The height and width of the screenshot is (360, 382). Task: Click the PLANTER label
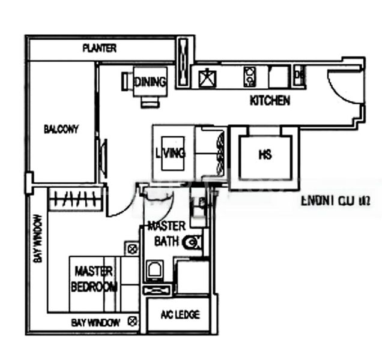point(100,48)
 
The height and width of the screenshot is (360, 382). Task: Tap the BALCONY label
point(61,129)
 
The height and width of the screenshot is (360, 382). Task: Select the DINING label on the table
point(150,82)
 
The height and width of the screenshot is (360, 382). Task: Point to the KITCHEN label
point(270,101)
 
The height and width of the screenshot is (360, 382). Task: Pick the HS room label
point(265,155)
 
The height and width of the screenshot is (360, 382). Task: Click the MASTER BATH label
point(163,235)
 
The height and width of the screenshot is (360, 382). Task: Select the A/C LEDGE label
point(181,315)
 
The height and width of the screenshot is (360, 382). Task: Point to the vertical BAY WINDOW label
point(37,238)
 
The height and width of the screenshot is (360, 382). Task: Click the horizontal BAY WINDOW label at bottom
point(95,322)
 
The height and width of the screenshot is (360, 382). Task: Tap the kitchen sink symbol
point(207,77)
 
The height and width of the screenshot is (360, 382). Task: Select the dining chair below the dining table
point(148,102)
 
